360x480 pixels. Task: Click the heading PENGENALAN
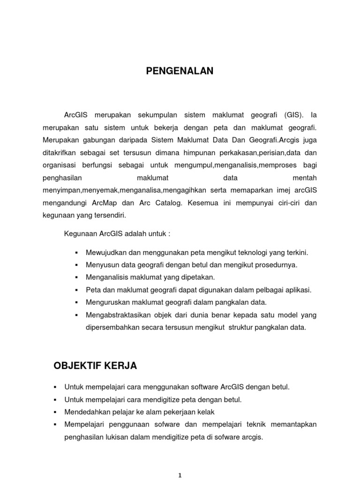180,71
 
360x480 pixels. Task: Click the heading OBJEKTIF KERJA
96,366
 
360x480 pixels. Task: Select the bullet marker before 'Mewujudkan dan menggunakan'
76,253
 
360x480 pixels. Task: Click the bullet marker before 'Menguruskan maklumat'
76,303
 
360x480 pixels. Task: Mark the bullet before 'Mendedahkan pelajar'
55,412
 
